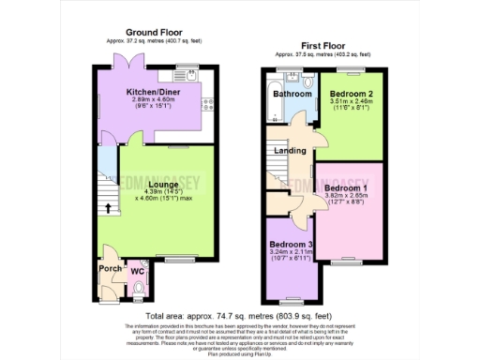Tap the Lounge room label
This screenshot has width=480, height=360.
[149, 185]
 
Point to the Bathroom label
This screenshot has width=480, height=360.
[292, 94]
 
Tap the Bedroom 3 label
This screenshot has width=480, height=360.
[290, 245]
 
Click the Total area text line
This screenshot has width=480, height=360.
[239, 317]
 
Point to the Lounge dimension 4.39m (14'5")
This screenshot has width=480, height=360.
[149, 192]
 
